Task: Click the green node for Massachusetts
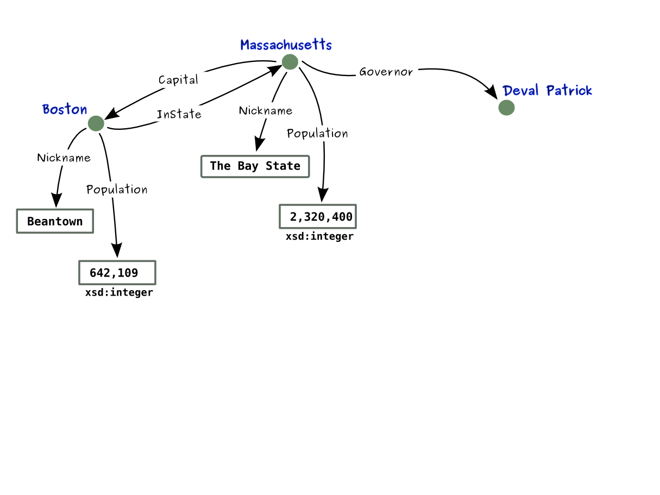tap(290, 62)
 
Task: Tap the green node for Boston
tap(96, 123)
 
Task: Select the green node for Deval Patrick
tap(506, 108)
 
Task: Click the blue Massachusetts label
tap(286, 45)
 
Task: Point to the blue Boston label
tap(65, 109)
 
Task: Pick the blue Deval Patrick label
tap(547, 90)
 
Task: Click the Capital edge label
tap(178, 80)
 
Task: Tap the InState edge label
tap(179, 115)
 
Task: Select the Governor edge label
tap(386, 72)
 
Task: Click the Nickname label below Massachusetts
tap(266, 111)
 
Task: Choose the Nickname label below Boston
tap(64, 158)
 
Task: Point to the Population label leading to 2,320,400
tap(317, 134)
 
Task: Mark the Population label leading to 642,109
tap(117, 190)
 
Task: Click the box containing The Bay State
tap(255, 166)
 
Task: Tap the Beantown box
tap(55, 221)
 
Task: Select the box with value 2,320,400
tap(318, 217)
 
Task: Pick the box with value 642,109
tap(117, 273)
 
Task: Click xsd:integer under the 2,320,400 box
tap(319, 237)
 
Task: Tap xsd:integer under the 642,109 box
tap(119, 293)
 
